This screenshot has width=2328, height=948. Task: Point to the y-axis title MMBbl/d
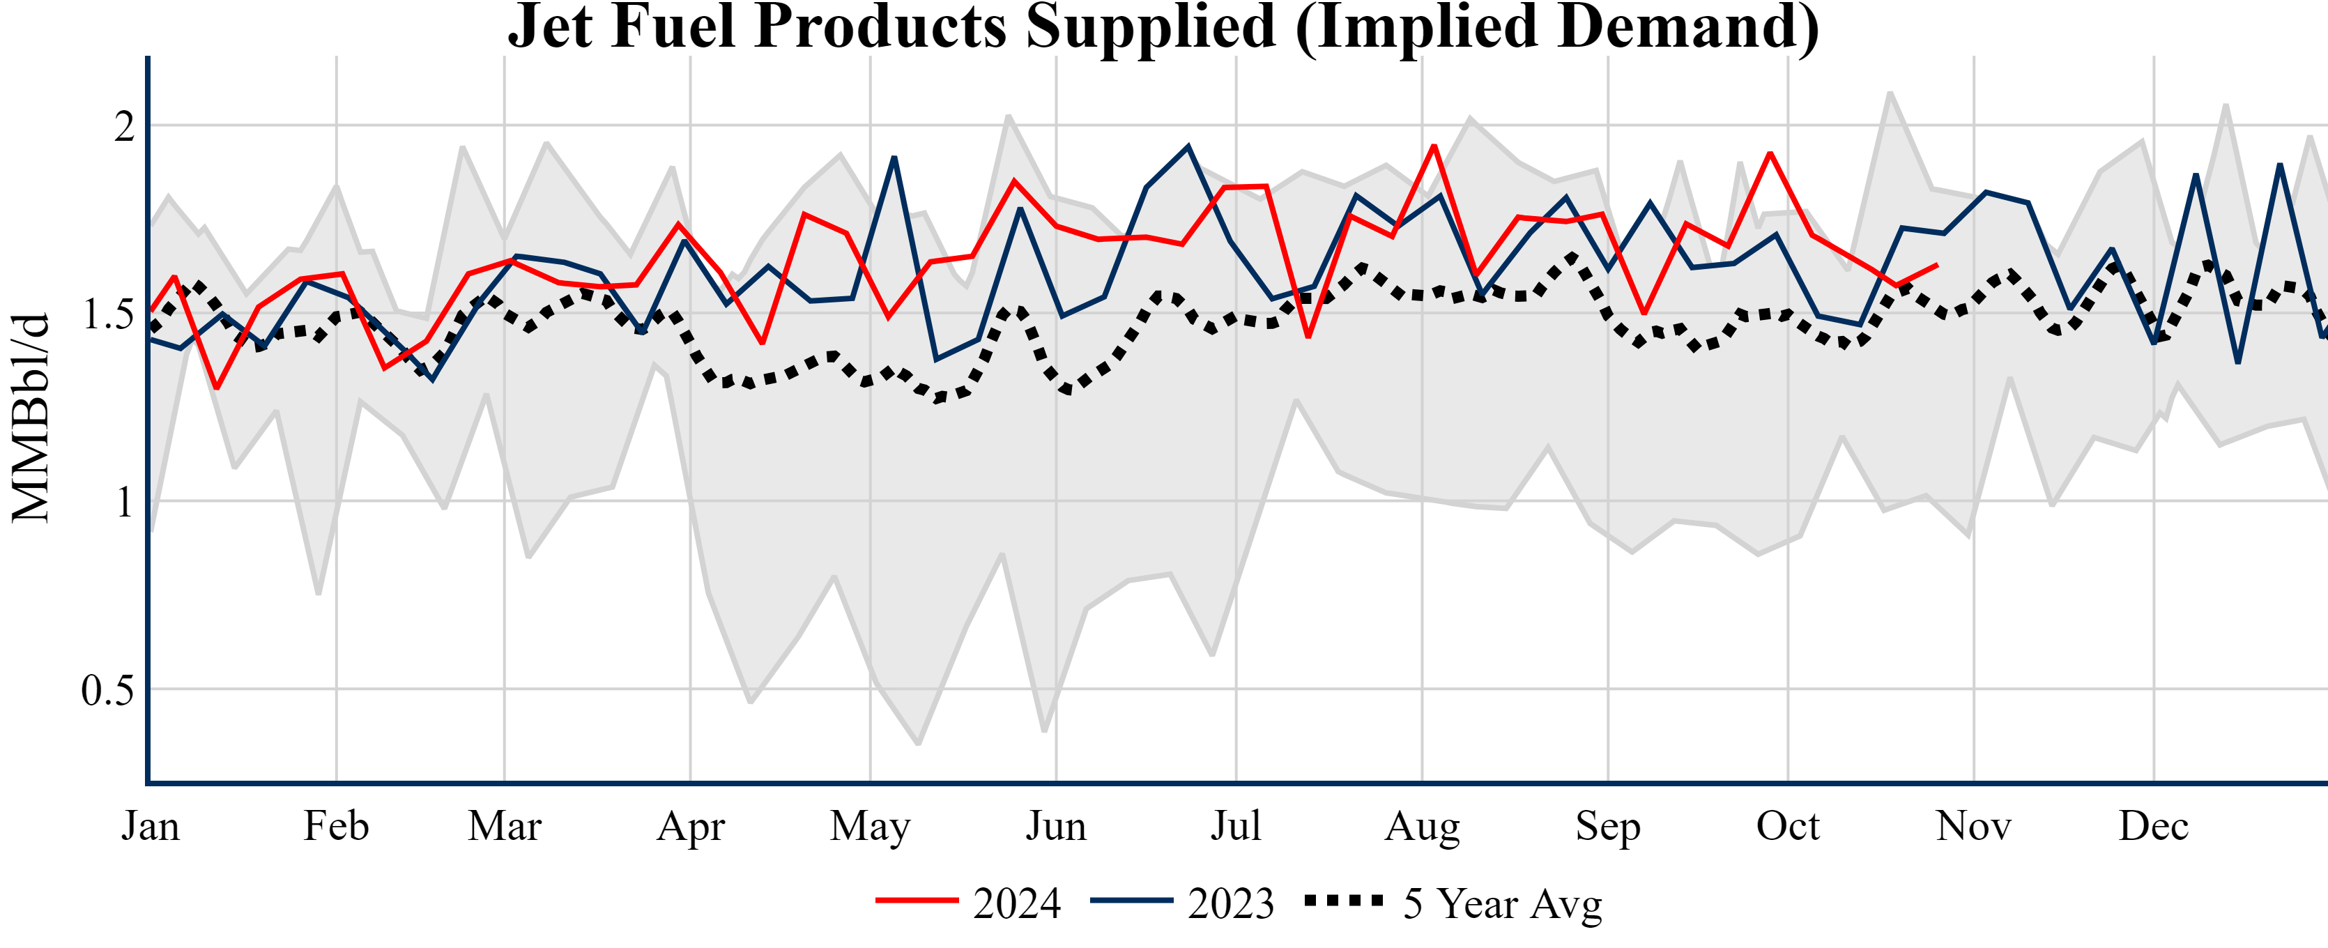click(31, 418)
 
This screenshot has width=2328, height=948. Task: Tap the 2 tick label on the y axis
click(124, 127)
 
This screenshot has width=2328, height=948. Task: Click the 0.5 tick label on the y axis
click(107, 691)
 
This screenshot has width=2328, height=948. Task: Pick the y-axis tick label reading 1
click(125, 503)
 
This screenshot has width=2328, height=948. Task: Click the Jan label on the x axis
click(150, 826)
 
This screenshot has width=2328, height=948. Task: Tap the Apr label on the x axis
click(691, 826)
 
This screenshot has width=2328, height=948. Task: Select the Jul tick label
click(1235, 826)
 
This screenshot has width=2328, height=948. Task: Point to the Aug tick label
click(1423, 826)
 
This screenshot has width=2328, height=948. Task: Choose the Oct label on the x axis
click(1788, 826)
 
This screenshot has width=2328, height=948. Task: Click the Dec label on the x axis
click(2154, 826)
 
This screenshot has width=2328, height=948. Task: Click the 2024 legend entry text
click(1017, 903)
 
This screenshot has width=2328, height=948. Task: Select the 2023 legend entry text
click(1231, 903)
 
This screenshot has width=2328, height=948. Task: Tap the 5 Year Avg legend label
click(1502, 903)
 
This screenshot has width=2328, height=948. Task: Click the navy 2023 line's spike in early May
click(894, 158)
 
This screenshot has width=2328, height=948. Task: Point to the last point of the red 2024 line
click(1936, 265)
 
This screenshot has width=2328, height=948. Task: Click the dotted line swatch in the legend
click(1344, 901)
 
